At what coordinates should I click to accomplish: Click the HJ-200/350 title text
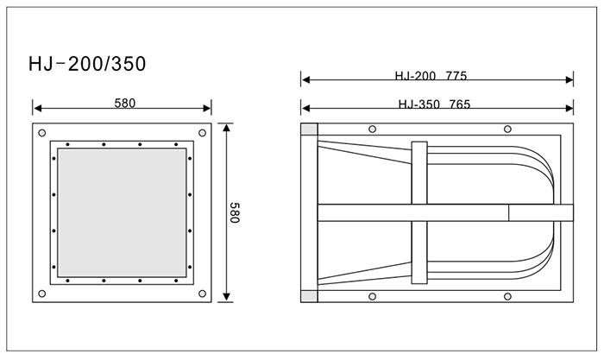[87, 64]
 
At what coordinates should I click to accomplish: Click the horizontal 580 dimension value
[125, 104]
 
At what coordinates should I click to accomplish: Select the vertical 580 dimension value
[234, 212]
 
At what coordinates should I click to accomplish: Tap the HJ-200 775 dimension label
[431, 76]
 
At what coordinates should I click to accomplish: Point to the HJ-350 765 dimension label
[434, 104]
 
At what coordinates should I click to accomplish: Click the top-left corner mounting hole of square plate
[42, 133]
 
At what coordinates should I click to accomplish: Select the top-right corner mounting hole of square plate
[202, 133]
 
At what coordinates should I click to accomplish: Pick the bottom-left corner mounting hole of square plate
[42, 294]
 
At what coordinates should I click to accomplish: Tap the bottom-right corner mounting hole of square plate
[202, 294]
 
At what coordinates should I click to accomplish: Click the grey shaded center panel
[123, 212]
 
